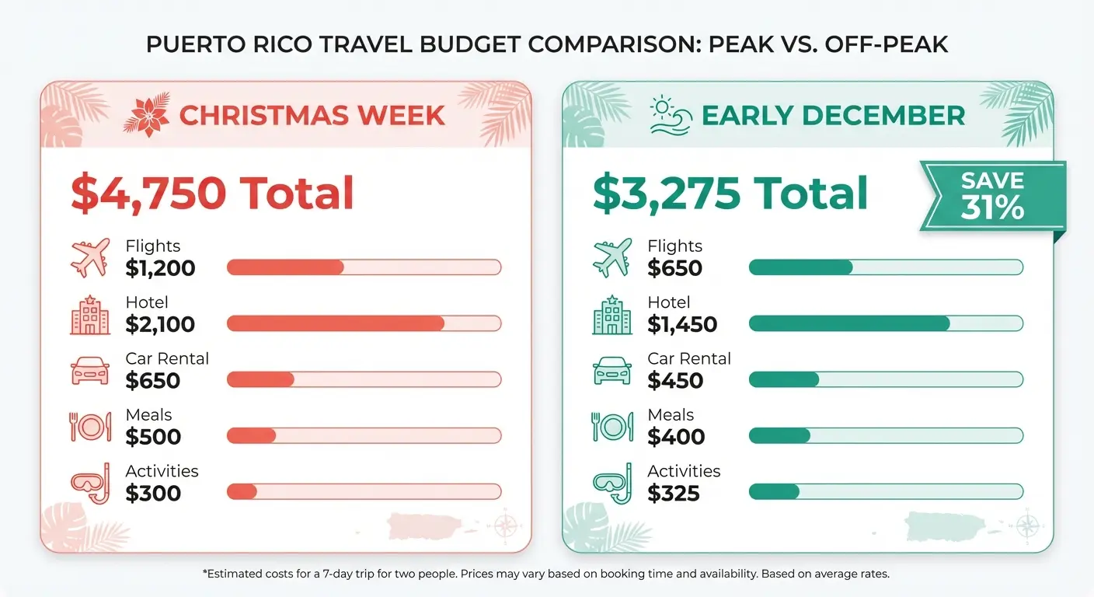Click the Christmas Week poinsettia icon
pos(146,115)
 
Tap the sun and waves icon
pos(670,116)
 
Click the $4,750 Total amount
pos(212,194)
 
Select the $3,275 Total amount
pos(730,194)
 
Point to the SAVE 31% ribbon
pos(992,196)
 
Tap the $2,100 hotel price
pos(160,325)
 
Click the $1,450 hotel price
pos(682,325)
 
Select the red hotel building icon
pos(89,315)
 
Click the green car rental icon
pos(611,371)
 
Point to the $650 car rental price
pos(153,381)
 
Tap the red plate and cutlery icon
pos(89,427)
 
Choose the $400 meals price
pos(676,437)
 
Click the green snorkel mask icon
pos(611,483)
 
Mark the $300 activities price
pos(153,493)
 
